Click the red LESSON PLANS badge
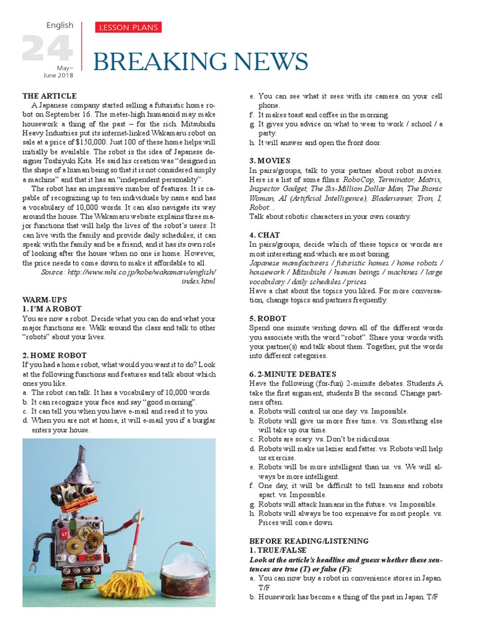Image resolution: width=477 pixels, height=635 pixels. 128,27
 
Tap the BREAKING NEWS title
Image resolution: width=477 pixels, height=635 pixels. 201,62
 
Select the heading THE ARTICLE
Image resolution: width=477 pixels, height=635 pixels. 50,96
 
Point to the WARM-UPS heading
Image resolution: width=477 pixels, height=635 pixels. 44,300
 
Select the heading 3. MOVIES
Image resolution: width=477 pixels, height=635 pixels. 270,161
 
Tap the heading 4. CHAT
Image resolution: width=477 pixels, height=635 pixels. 265,235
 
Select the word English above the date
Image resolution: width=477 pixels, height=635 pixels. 60,25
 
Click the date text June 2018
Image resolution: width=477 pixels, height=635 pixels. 58,75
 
